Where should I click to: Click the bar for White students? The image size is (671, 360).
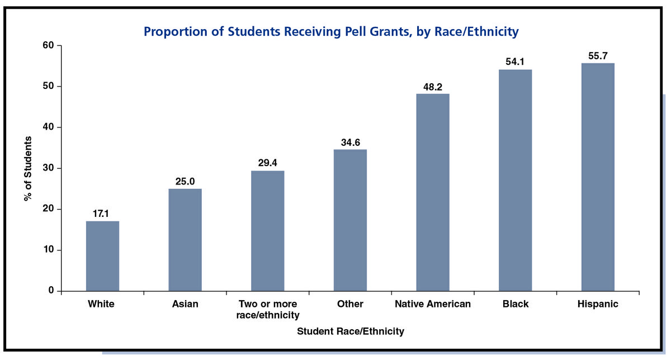point(102,256)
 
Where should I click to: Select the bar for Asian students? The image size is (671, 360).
point(185,240)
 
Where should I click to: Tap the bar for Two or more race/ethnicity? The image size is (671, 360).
point(268,231)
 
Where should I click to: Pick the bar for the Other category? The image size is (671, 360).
point(350,220)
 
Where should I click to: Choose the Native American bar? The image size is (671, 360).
point(433,192)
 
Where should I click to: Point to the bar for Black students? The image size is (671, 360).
point(516,180)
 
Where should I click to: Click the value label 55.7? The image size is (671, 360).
point(598,56)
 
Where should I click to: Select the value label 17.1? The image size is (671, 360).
point(102,214)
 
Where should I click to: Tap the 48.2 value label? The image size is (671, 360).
point(433,87)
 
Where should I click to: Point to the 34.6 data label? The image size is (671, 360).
point(350,142)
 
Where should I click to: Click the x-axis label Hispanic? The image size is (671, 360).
point(598,304)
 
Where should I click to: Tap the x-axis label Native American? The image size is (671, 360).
point(433,304)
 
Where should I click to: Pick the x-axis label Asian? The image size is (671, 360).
point(185,304)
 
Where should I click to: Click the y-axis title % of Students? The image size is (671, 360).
point(28,168)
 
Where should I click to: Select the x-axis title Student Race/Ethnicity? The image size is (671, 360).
point(350,331)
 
